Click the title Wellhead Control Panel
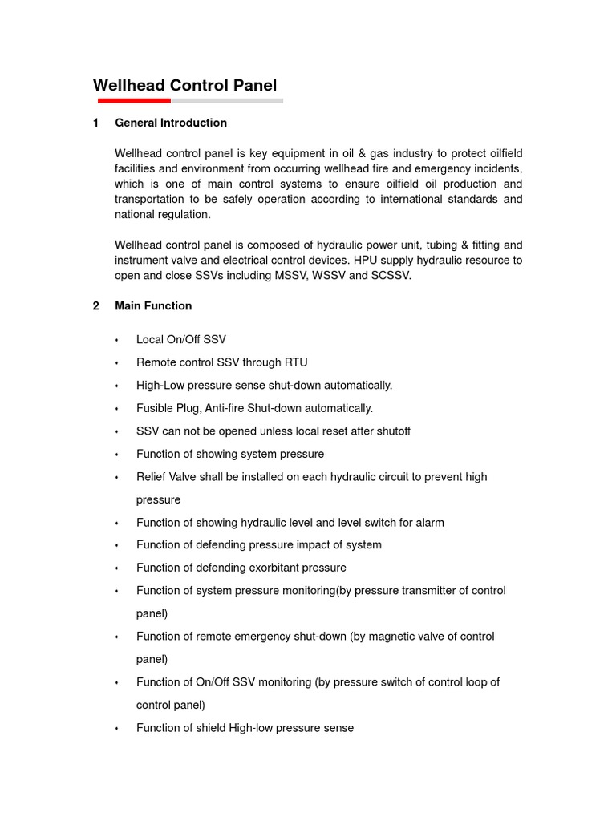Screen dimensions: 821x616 pyautogui.click(x=185, y=86)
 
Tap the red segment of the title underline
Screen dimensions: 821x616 pyautogui.click(x=134, y=101)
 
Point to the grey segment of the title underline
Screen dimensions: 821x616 pyautogui.click(x=227, y=101)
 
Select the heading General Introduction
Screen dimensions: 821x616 pyautogui.click(x=171, y=123)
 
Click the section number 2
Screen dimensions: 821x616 pyautogui.click(x=96, y=305)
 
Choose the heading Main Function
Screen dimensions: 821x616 pyautogui.click(x=153, y=305)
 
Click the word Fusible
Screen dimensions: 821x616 pyautogui.click(x=156, y=408)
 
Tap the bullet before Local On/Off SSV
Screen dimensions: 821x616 pyautogui.click(x=117, y=340)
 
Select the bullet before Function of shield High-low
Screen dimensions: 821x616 pyautogui.click(x=117, y=729)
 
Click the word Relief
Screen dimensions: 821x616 pyautogui.click(x=152, y=477)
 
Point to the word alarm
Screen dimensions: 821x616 pyautogui.click(x=428, y=523)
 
